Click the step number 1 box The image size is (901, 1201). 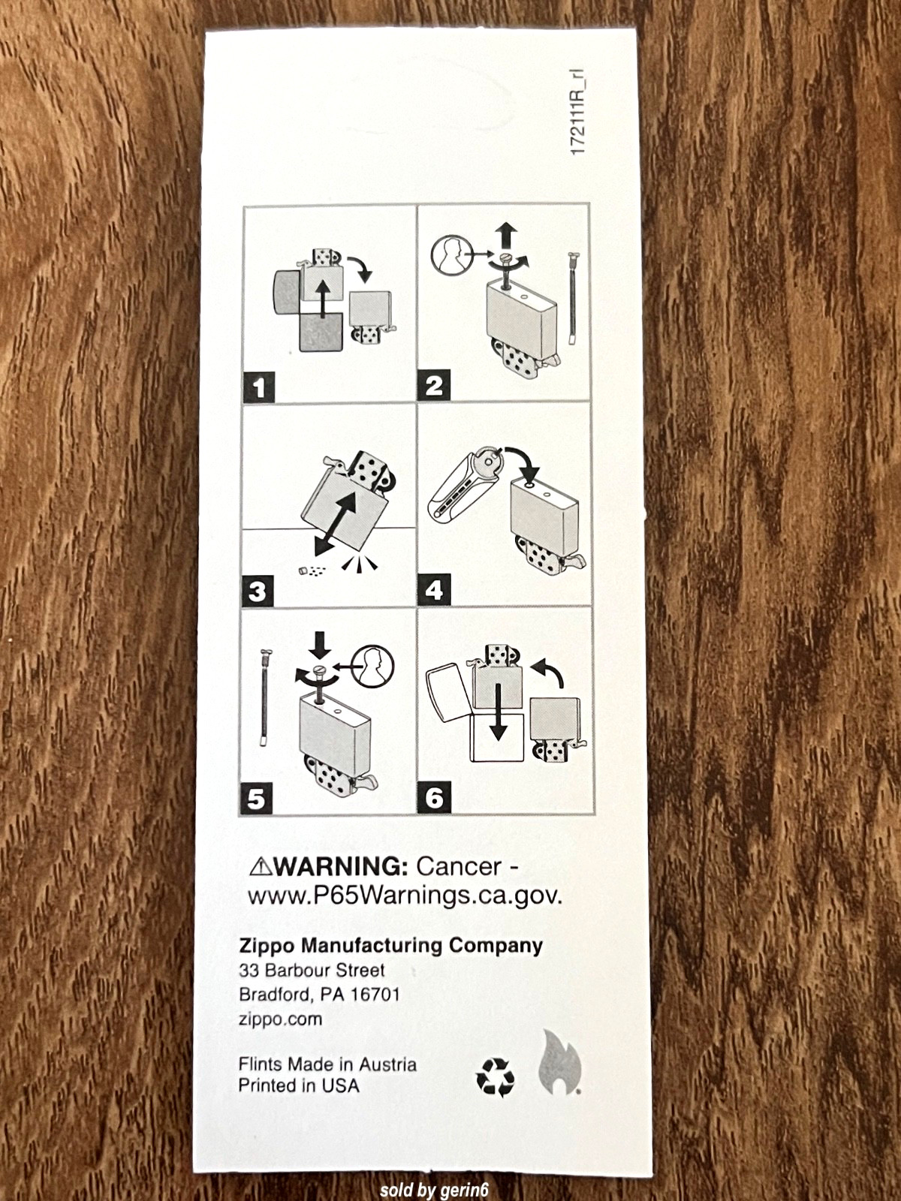click(259, 387)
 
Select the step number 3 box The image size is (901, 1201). click(257, 591)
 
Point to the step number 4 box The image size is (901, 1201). click(435, 590)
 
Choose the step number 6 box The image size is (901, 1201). click(435, 799)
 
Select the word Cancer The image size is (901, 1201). click(459, 867)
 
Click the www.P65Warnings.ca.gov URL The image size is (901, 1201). click(405, 897)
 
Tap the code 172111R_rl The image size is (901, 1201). click(577, 113)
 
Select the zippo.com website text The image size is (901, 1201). click(280, 1019)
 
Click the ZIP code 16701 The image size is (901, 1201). click(375, 994)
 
